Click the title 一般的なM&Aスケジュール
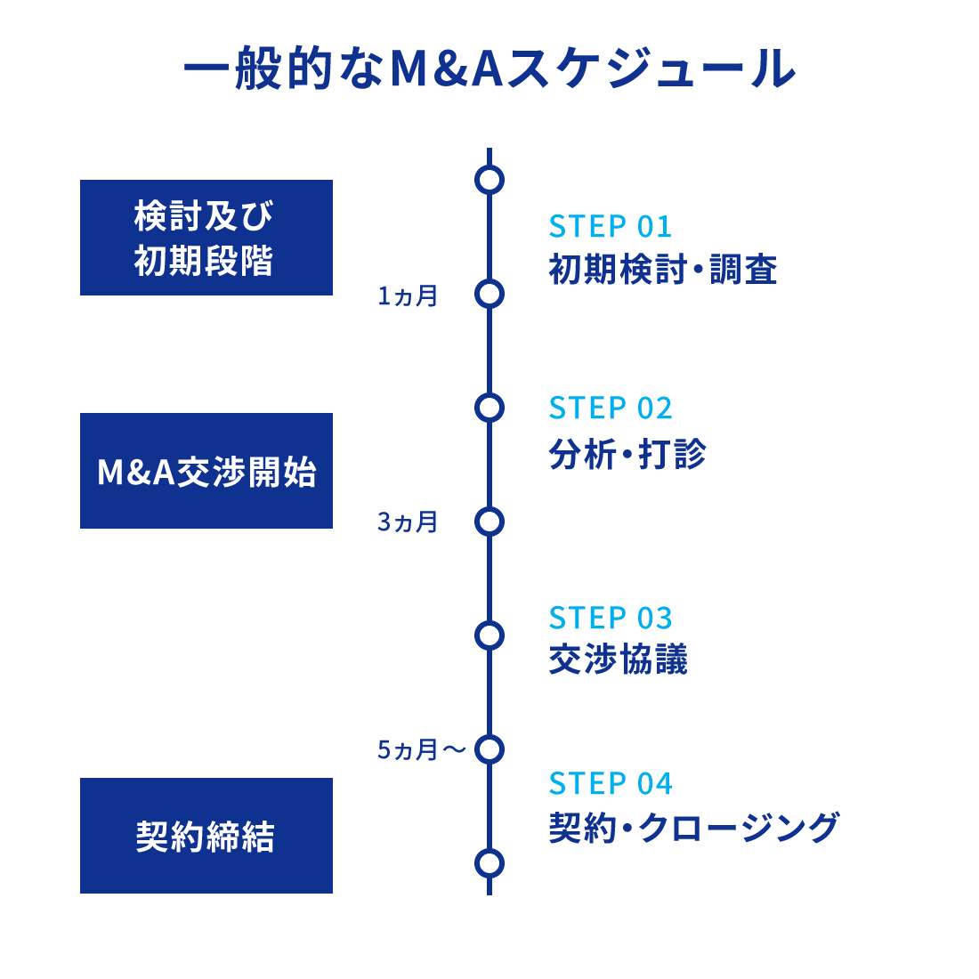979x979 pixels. click(x=489, y=69)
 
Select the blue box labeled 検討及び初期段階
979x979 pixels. click(x=206, y=238)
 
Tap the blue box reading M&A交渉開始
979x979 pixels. click(x=206, y=471)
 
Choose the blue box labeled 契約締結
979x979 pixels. click(x=206, y=836)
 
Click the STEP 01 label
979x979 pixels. click(x=611, y=227)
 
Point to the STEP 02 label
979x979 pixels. click(x=611, y=409)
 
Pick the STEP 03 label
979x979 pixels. click(x=611, y=618)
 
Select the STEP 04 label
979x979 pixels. click(x=611, y=784)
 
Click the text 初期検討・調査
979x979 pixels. click(x=663, y=270)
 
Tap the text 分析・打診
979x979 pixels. click(x=627, y=454)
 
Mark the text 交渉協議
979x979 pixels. click(x=619, y=660)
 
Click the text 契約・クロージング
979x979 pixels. click(x=694, y=828)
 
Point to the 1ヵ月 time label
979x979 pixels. click(x=408, y=296)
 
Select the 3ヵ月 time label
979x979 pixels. click(x=408, y=522)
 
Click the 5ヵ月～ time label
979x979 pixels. click(x=421, y=750)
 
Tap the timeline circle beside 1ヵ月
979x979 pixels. click(x=489, y=294)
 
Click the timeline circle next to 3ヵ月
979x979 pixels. click(x=489, y=522)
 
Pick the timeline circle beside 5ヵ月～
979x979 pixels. click(x=489, y=749)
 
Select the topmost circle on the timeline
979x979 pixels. click(x=489, y=180)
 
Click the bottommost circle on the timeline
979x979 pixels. click(x=489, y=863)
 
